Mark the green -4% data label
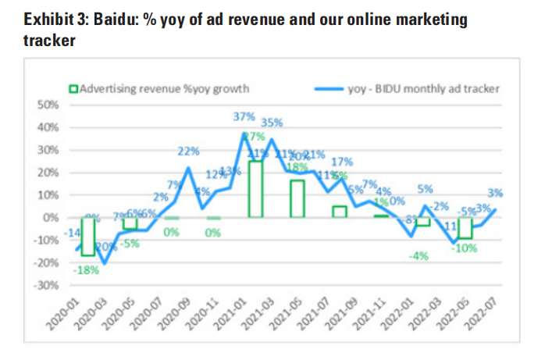click(420, 255)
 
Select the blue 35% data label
click(272, 122)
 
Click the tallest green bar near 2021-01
click(255, 188)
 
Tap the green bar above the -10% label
click(465, 228)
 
